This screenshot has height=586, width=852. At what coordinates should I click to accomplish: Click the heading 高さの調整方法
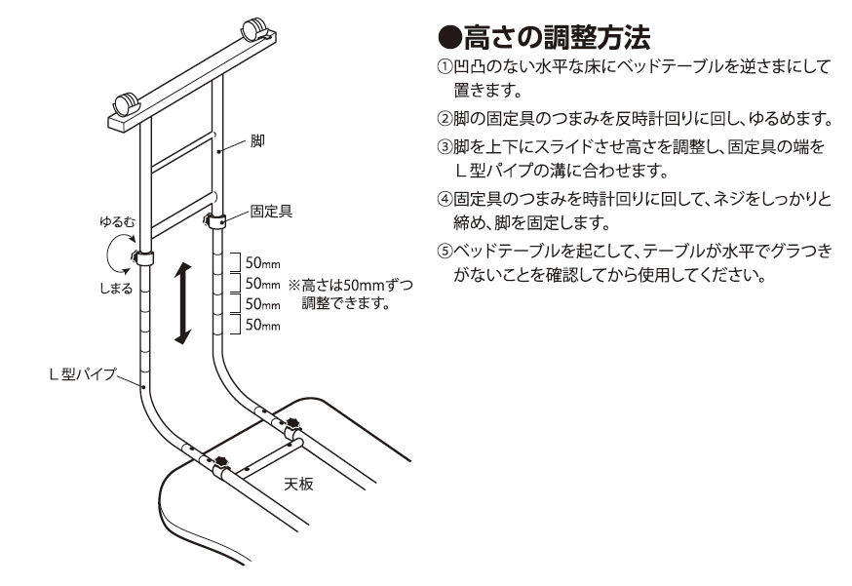point(557,37)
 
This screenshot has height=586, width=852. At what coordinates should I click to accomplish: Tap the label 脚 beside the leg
point(257,140)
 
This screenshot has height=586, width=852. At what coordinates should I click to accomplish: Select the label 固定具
point(271,211)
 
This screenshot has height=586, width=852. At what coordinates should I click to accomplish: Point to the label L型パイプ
point(83,374)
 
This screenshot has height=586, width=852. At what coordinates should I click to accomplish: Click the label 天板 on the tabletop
point(299,484)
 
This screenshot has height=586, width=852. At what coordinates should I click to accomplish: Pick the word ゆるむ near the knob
point(117,221)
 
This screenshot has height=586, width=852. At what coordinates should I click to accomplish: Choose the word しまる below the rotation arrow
point(116,288)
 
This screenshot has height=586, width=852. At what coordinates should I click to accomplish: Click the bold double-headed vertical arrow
point(183,303)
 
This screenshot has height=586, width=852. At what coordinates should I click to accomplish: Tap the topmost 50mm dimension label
point(263,263)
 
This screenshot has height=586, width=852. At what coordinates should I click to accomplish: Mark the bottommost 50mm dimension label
point(263,325)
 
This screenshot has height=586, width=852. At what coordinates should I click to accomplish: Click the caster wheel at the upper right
point(254,29)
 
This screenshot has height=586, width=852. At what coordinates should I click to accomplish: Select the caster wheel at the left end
point(127,104)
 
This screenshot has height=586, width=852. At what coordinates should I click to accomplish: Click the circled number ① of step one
point(445,67)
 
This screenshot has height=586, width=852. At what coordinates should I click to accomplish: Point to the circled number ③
point(445,147)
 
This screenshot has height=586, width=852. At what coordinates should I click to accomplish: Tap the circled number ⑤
point(445,252)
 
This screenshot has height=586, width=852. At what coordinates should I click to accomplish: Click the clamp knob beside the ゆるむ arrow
point(135,256)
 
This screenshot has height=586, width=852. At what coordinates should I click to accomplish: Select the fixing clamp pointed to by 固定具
point(215,221)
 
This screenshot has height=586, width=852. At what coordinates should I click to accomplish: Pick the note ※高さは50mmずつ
point(351,285)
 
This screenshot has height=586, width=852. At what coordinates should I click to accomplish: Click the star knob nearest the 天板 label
point(221,462)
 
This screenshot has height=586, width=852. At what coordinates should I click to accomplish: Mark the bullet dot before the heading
point(450,37)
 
